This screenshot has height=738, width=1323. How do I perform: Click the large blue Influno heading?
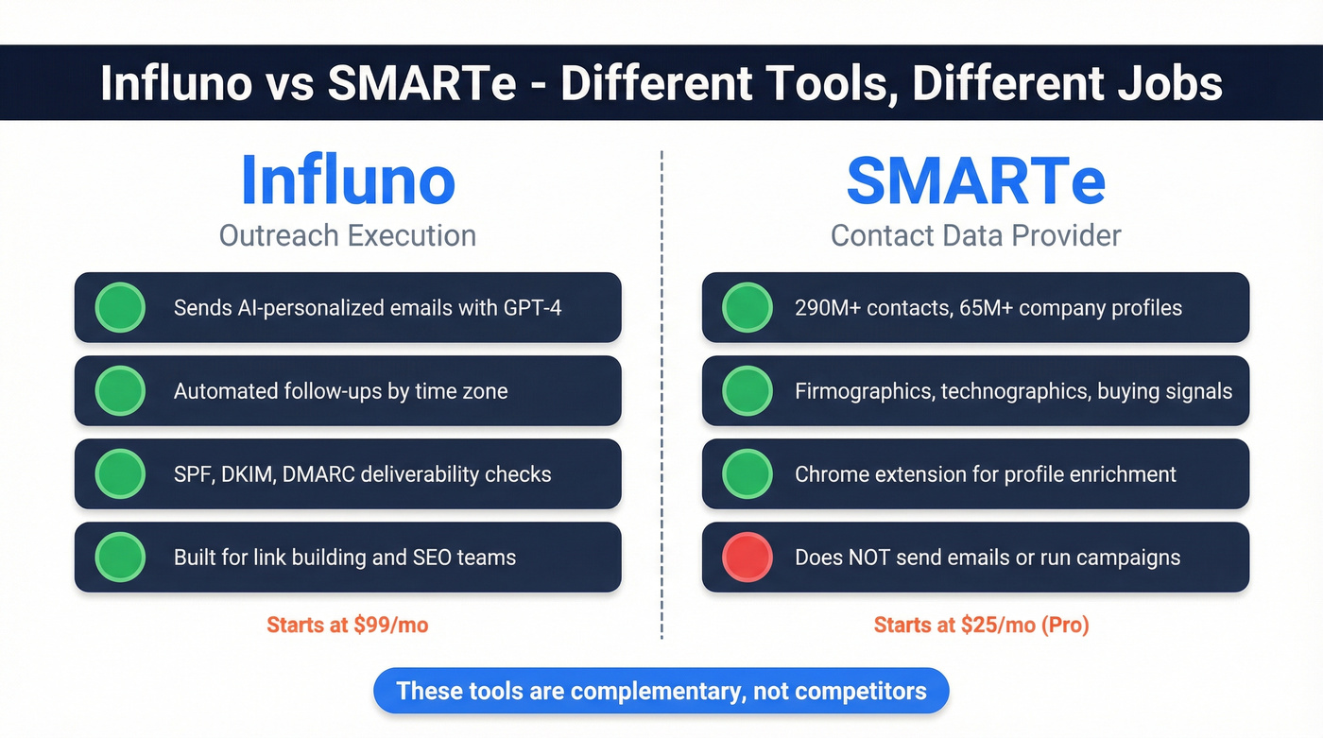pos(348,180)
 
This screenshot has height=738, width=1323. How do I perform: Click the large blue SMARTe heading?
pos(975,180)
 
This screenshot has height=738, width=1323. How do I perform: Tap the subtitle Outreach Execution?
pos(348,235)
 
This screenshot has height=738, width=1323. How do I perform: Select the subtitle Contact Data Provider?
pos(975,235)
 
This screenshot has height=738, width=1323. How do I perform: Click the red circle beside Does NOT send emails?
pos(747,557)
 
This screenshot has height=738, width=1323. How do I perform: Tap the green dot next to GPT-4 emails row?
pos(120,307)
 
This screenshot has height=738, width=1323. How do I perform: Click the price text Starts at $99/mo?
pos(348,625)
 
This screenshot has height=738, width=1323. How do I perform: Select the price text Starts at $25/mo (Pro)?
pos(981,625)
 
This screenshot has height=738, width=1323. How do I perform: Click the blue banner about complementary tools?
pos(661,691)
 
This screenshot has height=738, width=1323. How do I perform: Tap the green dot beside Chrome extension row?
pos(747,473)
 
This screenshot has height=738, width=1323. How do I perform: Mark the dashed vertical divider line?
pos(661,397)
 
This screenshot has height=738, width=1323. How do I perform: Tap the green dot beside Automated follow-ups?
pos(120,390)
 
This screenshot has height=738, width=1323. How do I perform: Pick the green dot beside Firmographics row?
pos(747,390)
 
